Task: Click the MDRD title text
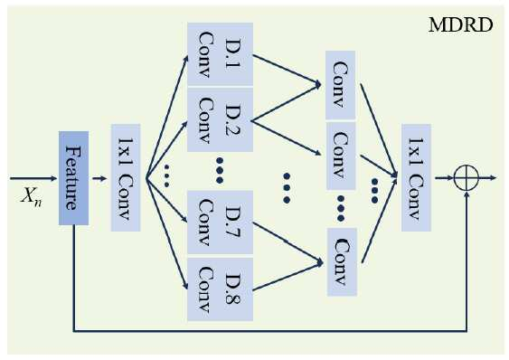[461, 25]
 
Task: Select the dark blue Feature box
[74, 178]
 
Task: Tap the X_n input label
[31, 196]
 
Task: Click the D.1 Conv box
[220, 54]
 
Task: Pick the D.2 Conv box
[220, 119]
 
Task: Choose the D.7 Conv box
[220, 223]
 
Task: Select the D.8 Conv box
[220, 289]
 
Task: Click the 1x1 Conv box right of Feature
[126, 177]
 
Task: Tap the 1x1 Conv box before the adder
[416, 177]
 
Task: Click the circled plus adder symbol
[467, 177]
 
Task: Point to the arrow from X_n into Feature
[33, 178]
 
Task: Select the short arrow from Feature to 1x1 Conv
[99, 178]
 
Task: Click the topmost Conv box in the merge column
[340, 85]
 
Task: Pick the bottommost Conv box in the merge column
[342, 262]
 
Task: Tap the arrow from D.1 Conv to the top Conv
[287, 71]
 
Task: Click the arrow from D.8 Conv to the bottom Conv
[287, 276]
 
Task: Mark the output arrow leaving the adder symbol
[487, 177]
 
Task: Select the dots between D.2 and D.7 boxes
[220, 170]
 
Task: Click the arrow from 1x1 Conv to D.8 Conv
[167, 233]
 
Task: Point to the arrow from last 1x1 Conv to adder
[444, 177]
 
